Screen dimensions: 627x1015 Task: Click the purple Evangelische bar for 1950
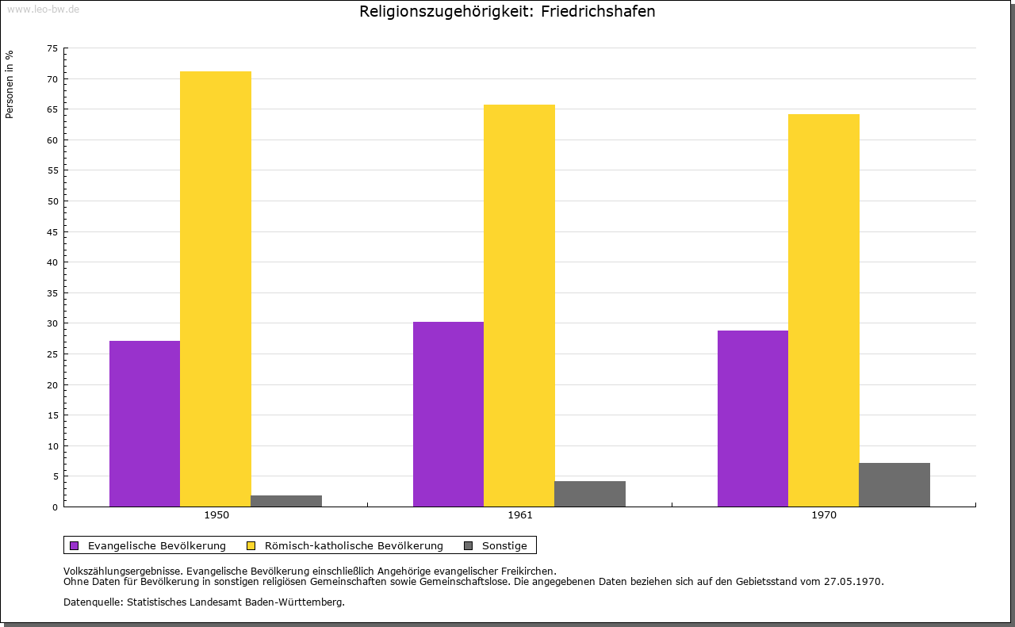tap(144, 423)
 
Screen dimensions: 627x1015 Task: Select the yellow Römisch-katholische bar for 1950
tap(216, 289)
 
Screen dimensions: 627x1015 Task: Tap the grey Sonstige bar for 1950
tap(286, 501)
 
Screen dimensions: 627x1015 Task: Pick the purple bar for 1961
tap(448, 414)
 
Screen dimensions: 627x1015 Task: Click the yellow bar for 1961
tap(519, 305)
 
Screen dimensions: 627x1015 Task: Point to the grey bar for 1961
tap(590, 494)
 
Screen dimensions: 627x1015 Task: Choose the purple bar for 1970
tap(753, 419)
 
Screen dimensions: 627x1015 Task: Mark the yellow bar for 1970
tap(823, 310)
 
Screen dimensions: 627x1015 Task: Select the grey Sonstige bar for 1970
tap(894, 484)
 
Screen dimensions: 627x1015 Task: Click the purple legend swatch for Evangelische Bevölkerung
tap(75, 545)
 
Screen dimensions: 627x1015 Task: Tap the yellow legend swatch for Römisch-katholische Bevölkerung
tap(251, 545)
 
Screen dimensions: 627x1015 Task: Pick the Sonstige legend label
tap(504, 545)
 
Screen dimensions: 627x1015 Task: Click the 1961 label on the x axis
tap(520, 515)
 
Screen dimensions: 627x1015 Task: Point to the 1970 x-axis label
tap(824, 515)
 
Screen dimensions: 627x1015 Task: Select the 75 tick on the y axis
tap(52, 48)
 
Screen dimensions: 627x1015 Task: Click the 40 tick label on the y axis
tap(52, 262)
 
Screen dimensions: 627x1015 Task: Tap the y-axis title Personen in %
tap(10, 84)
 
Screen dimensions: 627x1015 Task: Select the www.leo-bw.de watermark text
tap(43, 10)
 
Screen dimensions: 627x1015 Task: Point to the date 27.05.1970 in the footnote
tap(853, 581)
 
